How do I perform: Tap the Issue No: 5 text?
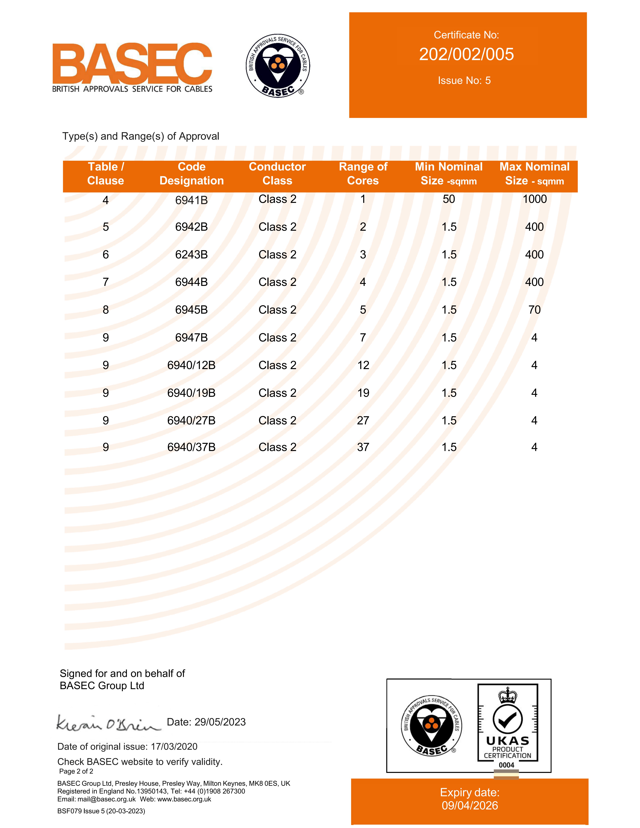pyautogui.click(x=464, y=80)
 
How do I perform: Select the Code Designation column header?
pyautogui.click(x=191, y=174)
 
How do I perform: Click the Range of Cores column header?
pyautogui.click(x=363, y=174)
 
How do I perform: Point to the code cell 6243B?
pyautogui.click(x=191, y=254)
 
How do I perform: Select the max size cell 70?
pyautogui.click(x=534, y=310)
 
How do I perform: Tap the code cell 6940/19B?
pyautogui.click(x=191, y=393)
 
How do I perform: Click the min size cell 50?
pyautogui.click(x=449, y=199)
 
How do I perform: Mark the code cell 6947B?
pyautogui.click(x=191, y=337)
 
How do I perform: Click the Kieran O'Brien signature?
pyautogui.click(x=108, y=723)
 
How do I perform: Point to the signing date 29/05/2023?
pyautogui.click(x=220, y=722)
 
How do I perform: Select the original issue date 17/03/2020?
pyautogui.click(x=174, y=746)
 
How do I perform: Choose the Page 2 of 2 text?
pyautogui.click(x=76, y=771)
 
